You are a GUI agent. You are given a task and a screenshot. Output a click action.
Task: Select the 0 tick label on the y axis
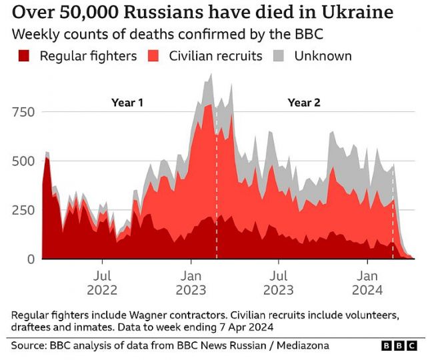(x=31, y=259)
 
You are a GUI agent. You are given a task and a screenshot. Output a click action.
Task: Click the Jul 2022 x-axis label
(x=102, y=282)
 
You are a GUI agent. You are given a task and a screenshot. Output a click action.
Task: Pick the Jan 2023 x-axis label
(x=191, y=282)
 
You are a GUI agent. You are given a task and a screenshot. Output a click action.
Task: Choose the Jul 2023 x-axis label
(x=279, y=282)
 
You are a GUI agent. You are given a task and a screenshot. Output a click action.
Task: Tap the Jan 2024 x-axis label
(x=368, y=282)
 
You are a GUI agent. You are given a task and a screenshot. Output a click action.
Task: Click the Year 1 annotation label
(x=127, y=103)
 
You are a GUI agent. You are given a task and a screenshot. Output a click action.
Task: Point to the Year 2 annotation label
(x=304, y=103)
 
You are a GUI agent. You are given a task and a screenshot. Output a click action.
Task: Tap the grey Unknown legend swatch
(x=279, y=56)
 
